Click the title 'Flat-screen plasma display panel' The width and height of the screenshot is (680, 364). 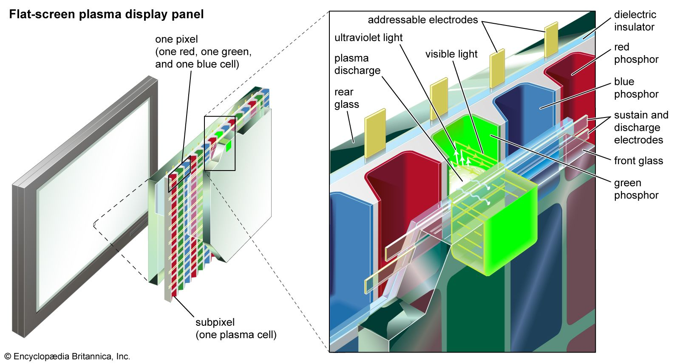pyautogui.click(x=106, y=14)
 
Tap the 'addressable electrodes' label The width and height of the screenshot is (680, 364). pyautogui.click(x=422, y=20)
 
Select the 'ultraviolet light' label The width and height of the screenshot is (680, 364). pyautogui.click(x=368, y=38)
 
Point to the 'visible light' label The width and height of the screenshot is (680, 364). pyautogui.click(x=451, y=54)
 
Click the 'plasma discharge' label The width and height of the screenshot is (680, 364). pyautogui.click(x=357, y=64)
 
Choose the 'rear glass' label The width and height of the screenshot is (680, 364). pyautogui.click(x=346, y=98)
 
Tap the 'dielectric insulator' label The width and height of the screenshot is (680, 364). pyautogui.click(x=635, y=21)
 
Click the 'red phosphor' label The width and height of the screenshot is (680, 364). pyautogui.click(x=636, y=53)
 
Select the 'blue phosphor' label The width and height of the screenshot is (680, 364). pyautogui.click(x=636, y=88)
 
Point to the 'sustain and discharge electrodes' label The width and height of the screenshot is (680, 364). pyautogui.click(x=640, y=127)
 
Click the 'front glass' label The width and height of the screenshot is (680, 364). pyautogui.click(x=638, y=161)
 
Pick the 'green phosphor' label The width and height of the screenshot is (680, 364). pyautogui.click(x=636, y=189)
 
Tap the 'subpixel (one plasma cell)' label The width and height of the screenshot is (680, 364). pyautogui.click(x=235, y=329)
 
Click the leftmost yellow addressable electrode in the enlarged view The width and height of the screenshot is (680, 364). pyautogui.click(x=375, y=131)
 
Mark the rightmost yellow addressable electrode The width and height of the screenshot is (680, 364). pyautogui.click(x=551, y=39)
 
